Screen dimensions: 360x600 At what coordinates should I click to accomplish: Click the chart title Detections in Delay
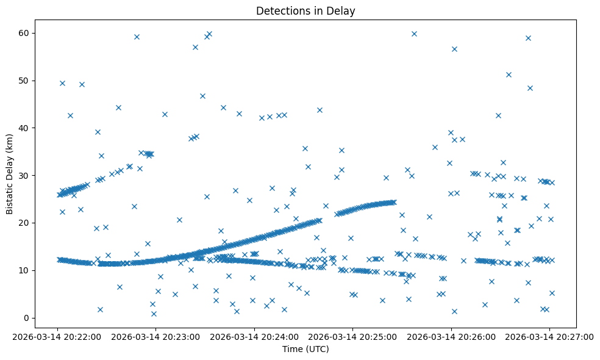305,11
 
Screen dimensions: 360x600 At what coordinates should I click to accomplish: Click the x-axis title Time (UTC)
305,349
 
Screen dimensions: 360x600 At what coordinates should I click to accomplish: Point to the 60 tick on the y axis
26,33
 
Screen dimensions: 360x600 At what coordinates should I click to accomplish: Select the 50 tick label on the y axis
26,81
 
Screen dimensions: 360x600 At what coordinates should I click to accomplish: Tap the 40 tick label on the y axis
26,128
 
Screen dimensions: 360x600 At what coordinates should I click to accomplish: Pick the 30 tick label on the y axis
26,176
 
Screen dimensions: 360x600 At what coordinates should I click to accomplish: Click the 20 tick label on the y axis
26,223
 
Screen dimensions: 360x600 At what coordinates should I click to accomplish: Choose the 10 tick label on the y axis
26,270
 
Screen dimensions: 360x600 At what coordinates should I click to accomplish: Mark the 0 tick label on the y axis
28,318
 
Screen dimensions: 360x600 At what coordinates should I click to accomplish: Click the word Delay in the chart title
343,11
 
